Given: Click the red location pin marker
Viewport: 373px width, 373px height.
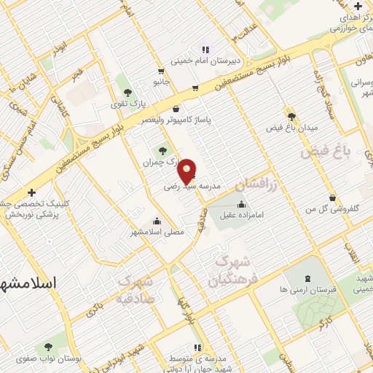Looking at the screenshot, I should tap(187, 170).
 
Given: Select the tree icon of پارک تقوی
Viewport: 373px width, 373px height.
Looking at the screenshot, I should tap(128, 93).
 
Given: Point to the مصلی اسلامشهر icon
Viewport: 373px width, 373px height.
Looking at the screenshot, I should tap(157, 221).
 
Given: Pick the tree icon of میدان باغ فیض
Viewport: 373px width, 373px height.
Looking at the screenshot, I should tap(291, 116).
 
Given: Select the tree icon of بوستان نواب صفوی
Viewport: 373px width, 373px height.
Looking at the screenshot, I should tap(49, 347).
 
